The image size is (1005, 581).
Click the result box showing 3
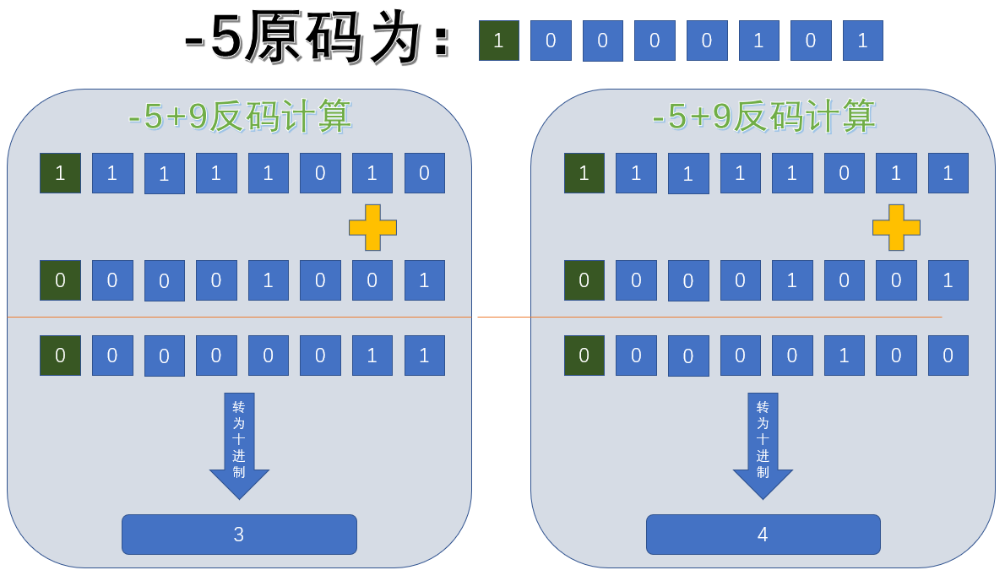tap(239, 535)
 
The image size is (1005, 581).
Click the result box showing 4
tap(763, 535)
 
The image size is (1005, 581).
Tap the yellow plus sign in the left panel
tap(372, 227)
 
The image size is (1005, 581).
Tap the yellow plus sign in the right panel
tap(896, 227)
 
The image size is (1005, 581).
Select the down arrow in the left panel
tap(239, 446)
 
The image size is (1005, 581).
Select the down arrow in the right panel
tap(763, 446)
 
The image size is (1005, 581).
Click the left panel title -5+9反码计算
tap(240, 117)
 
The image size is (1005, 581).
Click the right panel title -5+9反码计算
tap(763, 117)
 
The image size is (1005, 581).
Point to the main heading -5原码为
tap(317, 40)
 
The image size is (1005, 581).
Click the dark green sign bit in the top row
tap(498, 41)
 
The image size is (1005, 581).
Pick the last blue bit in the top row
tap(862, 41)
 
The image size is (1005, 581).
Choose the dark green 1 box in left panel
tap(60, 173)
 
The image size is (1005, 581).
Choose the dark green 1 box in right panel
tap(584, 173)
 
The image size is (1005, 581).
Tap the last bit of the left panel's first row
tap(424, 173)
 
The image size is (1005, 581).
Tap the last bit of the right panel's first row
tap(948, 173)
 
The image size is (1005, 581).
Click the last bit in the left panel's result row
tap(424, 356)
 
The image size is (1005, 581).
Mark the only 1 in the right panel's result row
tap(844, 356)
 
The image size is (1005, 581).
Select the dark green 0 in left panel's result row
tap(60, 356)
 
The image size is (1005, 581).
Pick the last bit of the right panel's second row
tap(948, 280)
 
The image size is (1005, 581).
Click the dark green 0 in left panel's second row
tap(60, 280)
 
